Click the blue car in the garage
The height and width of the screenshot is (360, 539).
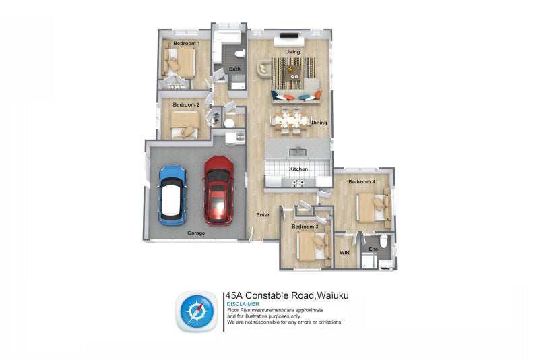coord(172,196)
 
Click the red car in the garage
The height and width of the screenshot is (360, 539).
coord(218,191)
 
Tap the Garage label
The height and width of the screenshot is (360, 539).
coord(196,233)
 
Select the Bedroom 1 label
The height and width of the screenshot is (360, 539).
coord(187,43)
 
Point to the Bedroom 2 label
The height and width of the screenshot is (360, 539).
coord(186,104)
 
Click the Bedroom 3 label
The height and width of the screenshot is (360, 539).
coord(305,227)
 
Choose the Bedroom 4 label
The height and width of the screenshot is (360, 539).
coord(362,181)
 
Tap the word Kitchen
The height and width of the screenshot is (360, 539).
coord(298,169)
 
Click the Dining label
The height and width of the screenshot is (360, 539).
coord(319,123)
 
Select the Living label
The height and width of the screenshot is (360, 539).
coord(292,52)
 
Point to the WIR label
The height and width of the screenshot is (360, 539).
coord(344,252)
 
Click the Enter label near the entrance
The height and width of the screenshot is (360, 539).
coord(263,214)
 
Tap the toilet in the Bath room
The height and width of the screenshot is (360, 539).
coord(240,54)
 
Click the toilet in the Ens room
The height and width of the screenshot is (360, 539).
coord(383,241)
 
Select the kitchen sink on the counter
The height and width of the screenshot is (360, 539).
coord(298,151)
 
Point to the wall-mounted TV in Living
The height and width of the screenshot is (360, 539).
coord(289,36)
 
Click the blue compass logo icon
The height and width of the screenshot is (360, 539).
coord(197,312)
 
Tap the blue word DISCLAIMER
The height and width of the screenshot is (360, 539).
coord(243,304)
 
